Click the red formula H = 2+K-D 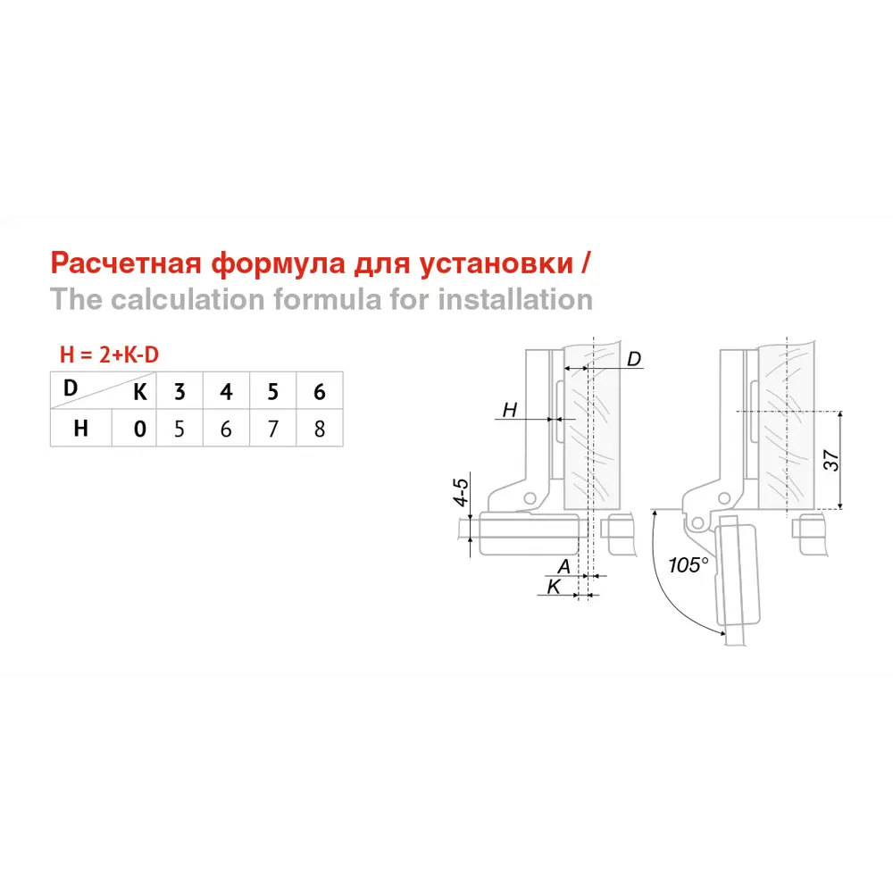(109, 355)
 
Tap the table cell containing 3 (179, 391)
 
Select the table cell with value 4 (226, 391)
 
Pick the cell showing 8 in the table (320, 429)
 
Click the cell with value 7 (272, 429)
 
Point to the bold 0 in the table (139, 429)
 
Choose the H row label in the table (81, 429)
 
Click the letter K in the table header (139, 392)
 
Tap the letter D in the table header (70, 388)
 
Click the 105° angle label (689, 565)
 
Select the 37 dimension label (831, 460)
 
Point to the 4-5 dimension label (461, 492)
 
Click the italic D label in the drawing (634, 359)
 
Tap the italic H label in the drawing (510, 410)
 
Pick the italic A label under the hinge (563, 567)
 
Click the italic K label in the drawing (554, 587)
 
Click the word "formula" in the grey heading (328, 299)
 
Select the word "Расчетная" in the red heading (126, 263)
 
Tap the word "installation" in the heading (515, 299)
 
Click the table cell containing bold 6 (320, 391)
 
